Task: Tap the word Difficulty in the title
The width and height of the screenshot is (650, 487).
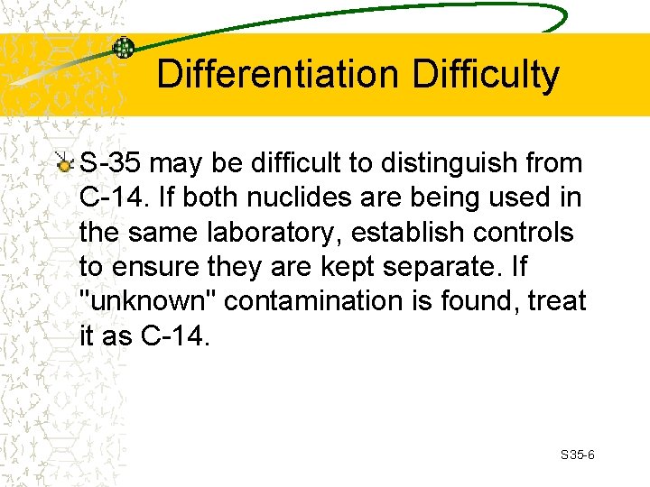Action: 486,75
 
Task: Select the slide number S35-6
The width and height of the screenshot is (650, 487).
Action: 577,455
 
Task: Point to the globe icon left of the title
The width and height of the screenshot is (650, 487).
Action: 123,47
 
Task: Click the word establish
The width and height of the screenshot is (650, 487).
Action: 418,233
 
